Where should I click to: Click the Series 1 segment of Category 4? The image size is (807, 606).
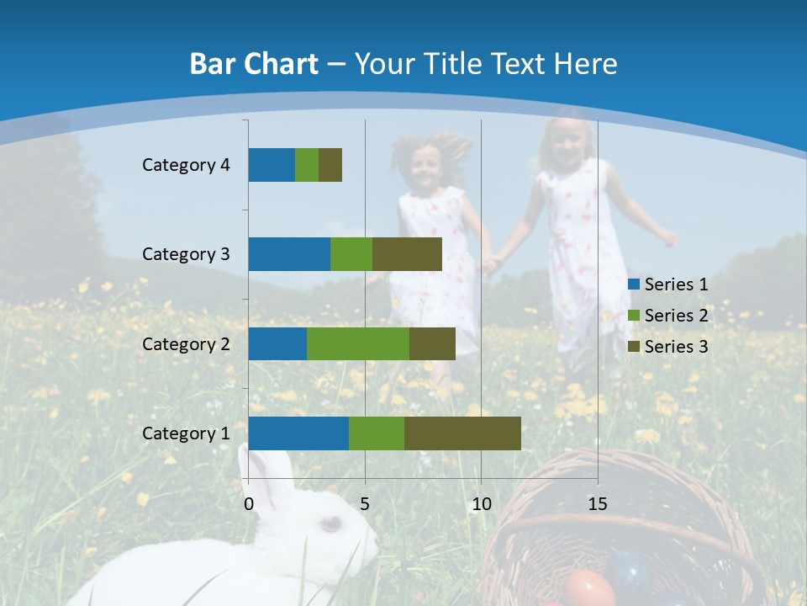coord(272,165)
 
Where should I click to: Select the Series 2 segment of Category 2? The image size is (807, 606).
coord(358,343)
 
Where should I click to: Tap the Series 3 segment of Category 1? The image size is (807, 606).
coord(462,433)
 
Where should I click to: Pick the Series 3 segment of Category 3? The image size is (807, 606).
coord(407,254)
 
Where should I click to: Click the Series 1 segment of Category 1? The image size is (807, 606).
coord(298,433)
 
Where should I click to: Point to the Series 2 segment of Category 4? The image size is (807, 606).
coord(307,165)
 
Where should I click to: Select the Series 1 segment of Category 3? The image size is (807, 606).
coord(289,254)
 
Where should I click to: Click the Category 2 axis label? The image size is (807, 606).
coord(186,343)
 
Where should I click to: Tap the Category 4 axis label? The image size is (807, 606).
coord(186,165)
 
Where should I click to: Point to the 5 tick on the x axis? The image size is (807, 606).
coord(365,504)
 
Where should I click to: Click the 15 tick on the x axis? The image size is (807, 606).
coord(598,504)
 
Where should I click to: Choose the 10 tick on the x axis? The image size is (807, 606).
coord(481,504)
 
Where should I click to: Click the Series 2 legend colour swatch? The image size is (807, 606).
coord(634,316)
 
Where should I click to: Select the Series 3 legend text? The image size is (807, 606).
coord(676,347)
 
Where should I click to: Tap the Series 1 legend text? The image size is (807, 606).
coord(676,284)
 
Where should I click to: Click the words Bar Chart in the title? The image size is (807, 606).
coord(254,64)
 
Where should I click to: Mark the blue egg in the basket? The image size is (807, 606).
coord(630,570)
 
